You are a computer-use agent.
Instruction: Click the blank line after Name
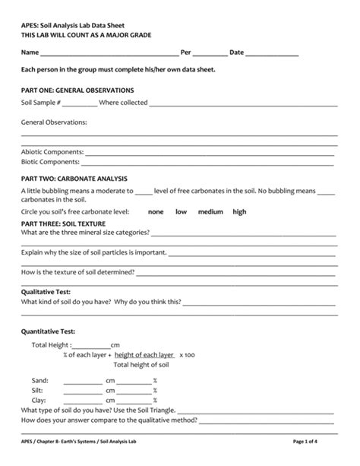[x=108, y=53]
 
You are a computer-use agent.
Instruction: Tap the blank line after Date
[x=272, y=53]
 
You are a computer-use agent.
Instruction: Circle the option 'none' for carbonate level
[x=156, y=212]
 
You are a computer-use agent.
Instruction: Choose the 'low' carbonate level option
[x=182, y=212]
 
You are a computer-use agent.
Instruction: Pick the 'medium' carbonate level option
[x=210, y=212]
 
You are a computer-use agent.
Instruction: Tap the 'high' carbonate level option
[x=239, y=212]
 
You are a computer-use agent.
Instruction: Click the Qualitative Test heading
[x=46, y=291]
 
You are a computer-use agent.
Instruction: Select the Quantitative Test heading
[x=48, y=331]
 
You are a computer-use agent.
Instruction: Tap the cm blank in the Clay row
[x=83, y=401]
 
